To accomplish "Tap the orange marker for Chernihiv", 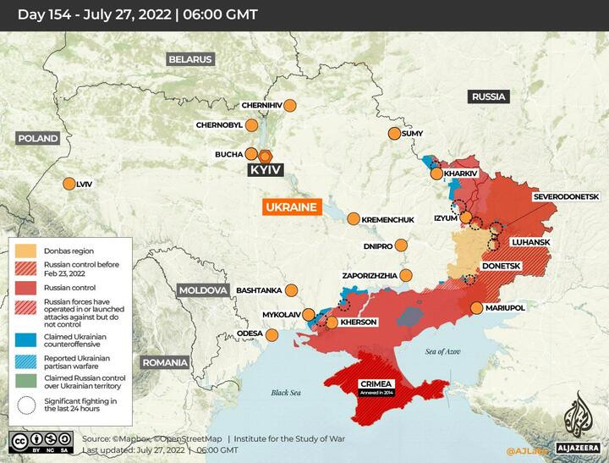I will [x=290, y=106].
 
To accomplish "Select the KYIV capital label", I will [x=264, y=170].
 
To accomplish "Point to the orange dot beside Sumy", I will [x=394, y=134].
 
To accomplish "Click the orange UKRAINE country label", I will [x=290, y=207].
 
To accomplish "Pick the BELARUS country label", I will [x=189, y=59].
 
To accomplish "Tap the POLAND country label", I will [x=37, y=138].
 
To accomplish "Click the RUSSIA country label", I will [x=488, y=96].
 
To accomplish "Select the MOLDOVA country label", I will [x=203, y=290].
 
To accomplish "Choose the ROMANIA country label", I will [x=164, y=362].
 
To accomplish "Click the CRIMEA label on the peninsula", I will [x=376, y=383].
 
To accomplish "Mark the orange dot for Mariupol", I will [x=478, y=308].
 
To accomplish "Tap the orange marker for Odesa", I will [x=273, y=334].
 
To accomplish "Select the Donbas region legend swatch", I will [x=25, y=251].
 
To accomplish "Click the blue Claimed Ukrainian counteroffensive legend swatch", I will [x=25, y=339].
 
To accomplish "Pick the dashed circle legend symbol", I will [x=25, y=405].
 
